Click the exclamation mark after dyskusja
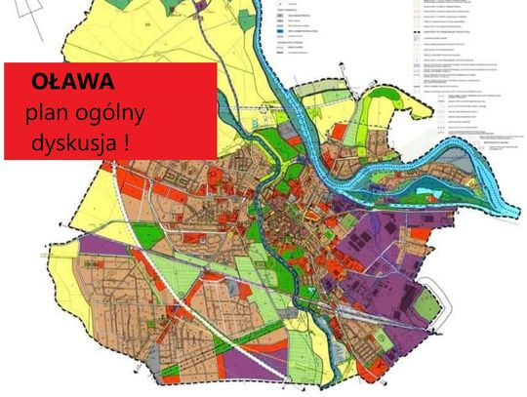[x=128, y=141]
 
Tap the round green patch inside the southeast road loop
[x=426, y=303]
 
